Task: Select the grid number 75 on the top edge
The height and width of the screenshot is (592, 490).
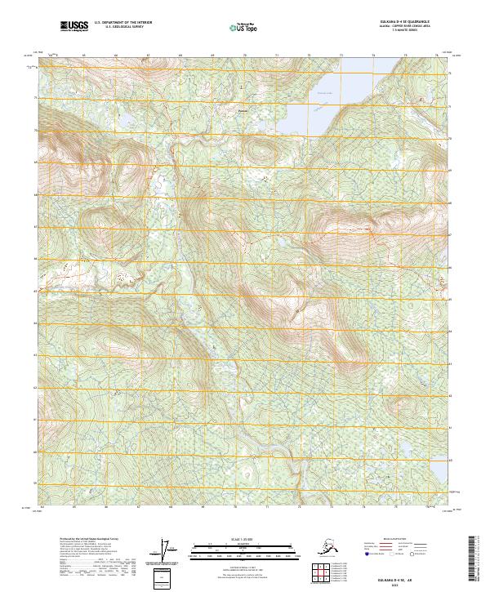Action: pyautogui.click(x=405, y=56)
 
